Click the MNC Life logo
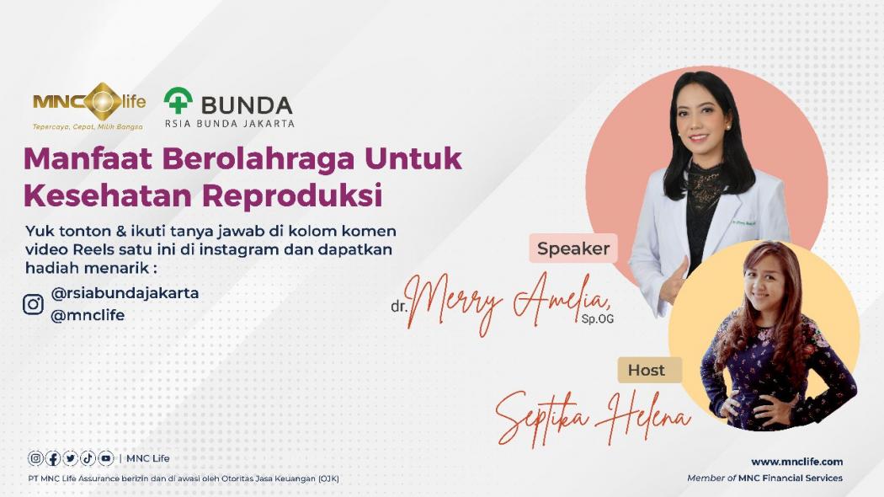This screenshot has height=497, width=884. pyautogui.click(x=89, y=103)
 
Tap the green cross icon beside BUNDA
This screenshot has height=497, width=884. pyautogui.click(x=178, y=101)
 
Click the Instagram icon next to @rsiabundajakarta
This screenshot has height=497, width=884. pyautogui.click(x=33, y=304)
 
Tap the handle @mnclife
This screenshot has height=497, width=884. pyautogui.click(x=88, y=315)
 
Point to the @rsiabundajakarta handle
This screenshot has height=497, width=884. pyautogui.click(x=125, y=293)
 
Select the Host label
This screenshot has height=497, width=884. pyautogui.click(x=646, y=370)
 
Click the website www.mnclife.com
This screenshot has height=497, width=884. pyautogui.click(x=796, y=461)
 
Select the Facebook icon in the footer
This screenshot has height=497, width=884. pyautogui.click(x=53, y=458)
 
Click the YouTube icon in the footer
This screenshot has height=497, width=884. pyautogui.click(x=105, y=458)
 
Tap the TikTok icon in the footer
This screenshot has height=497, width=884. pyautogui.click(x=88, y=458)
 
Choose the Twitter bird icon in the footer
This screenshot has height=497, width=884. pyautogui.click(x=71, y=458)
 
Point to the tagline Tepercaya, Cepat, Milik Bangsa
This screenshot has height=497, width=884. pyautogui.click(x=88, y=127)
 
